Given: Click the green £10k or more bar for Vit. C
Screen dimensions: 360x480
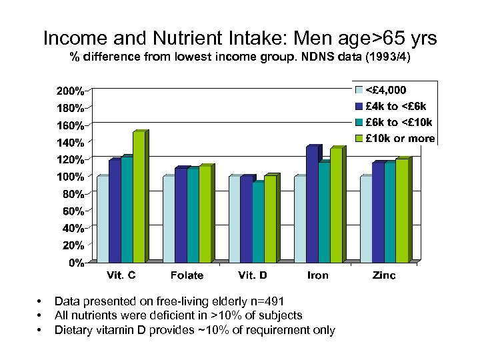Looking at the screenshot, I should click(x=139, y=197).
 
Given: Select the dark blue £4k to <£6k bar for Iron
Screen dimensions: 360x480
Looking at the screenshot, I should click(x=312, y=204).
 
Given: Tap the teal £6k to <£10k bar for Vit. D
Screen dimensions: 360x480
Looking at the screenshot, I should click(x=258, y=222).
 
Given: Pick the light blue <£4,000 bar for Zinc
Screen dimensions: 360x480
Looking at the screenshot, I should click(x=366, y=219).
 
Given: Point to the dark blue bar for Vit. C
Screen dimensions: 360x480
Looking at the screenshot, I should click(x=115, y=211).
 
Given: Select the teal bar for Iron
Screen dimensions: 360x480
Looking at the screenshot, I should click(x=324, y=212).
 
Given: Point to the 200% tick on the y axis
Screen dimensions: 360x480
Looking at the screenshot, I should click(x=70, y=90).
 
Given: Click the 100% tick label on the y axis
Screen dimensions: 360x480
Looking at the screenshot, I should click(x=70, y=177).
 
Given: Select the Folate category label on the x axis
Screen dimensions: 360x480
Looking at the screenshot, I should click(x=187, y=275).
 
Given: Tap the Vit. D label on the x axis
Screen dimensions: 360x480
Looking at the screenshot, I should click(x=253, y=275).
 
